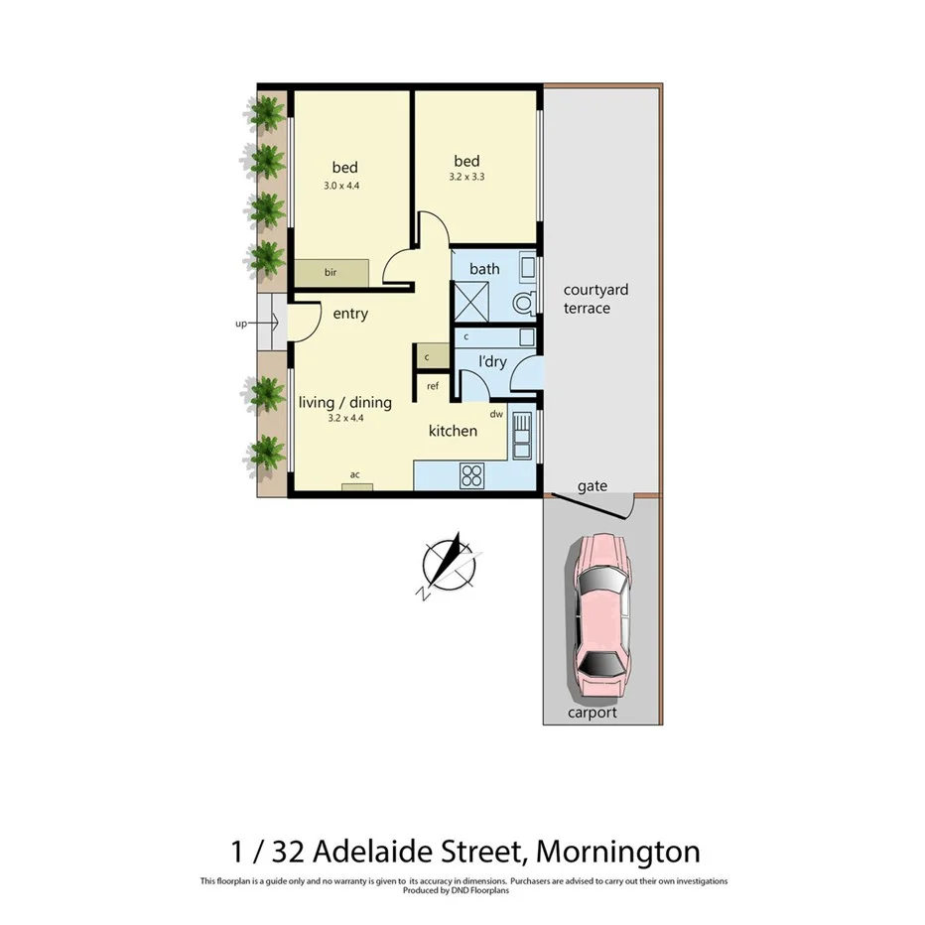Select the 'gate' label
click(593, 486)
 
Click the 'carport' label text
click(592, 713)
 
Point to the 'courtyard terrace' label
click(595, 299)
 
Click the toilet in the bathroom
click(523, 303)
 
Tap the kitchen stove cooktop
click(472, 476)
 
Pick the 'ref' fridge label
click(433, 385)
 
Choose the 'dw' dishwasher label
click(495, 413)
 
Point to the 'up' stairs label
click(240, 323)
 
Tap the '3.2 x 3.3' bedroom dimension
click(466, 179)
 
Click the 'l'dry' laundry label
click(492, 362)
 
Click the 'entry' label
click(350, 314)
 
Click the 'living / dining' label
click(345, 403)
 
